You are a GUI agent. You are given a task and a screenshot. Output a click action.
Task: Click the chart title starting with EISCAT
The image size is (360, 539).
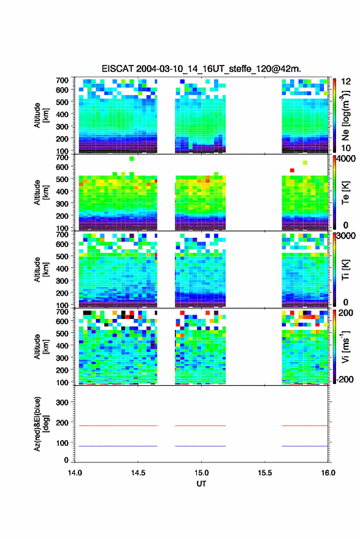pos(201,69)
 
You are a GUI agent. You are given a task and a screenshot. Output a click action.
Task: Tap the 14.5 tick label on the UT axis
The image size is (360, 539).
pos(138,473)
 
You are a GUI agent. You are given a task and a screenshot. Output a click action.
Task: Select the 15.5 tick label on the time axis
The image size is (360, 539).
pos(264,473)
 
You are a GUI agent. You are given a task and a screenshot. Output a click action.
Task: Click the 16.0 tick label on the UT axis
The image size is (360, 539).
pos(328,473)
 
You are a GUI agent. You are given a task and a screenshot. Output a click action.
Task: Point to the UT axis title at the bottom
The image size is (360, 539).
pos(201,484)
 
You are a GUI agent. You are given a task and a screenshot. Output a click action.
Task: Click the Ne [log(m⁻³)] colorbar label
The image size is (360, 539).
pos(345,115)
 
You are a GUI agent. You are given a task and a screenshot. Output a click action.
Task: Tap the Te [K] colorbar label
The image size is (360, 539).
pos(345,193)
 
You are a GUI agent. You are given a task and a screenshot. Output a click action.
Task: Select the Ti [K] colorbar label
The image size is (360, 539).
pos(345,270)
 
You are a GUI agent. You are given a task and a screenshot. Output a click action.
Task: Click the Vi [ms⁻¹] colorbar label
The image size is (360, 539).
pos(345,346)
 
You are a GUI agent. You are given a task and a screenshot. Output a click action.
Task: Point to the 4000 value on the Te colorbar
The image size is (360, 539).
pos(347,159)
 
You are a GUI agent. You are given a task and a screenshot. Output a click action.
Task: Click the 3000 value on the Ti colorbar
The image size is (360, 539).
pos(347,236)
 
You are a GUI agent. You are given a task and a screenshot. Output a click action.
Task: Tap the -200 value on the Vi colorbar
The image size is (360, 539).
pos(345,380)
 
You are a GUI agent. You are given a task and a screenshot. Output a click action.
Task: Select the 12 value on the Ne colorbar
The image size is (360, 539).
pos(346,82)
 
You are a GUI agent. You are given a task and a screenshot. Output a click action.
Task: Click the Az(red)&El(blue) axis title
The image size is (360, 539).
pos(42,424)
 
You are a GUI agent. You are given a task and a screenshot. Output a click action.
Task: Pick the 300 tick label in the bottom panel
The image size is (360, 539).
pos(62,402)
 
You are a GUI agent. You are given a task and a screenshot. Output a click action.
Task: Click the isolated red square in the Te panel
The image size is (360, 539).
pos(292,170)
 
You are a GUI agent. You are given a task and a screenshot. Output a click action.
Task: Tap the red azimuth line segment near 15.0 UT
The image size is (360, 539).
pos(201,426)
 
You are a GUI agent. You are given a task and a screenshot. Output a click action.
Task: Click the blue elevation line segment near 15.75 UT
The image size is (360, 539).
pos(305,446)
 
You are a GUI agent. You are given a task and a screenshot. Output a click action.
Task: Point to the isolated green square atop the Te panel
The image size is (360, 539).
pos(132,158)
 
